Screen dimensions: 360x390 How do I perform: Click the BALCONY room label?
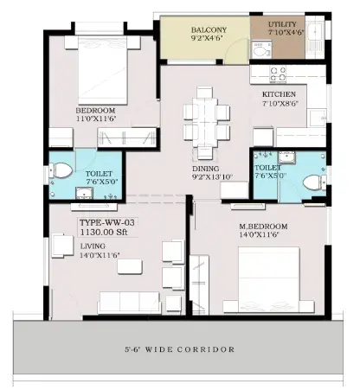[x=209, y=29]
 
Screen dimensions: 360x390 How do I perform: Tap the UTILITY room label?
[x=282, y=24]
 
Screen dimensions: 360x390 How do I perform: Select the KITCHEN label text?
[x=279, y=94]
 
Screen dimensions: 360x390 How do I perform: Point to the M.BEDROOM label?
[x=263, y=227]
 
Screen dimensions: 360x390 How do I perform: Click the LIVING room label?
[x=93, y=246]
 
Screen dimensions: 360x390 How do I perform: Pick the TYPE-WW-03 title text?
[x=107, y=222]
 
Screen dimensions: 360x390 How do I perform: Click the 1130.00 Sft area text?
[x=104, y=232]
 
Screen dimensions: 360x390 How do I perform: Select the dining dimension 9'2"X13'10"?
[x=212, y=176]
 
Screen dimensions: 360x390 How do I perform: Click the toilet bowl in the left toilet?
[x=61, y=170]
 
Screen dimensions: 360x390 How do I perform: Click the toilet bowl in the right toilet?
[x=314, y=182]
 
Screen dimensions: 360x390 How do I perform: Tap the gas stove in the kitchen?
[x=278, y=74]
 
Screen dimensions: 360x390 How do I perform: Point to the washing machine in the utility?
[x=261, y=50]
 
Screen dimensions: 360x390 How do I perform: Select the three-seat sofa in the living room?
[x=129, y=303]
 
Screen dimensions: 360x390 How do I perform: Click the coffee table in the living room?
[x=130, y=266]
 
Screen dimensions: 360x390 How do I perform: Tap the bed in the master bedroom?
[x=269, y=280]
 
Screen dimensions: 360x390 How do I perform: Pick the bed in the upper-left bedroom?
[x=102, y=70]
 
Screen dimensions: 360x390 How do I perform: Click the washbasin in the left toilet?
[x=84, y=193]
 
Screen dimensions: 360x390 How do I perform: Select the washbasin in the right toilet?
[x=286, y=157]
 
